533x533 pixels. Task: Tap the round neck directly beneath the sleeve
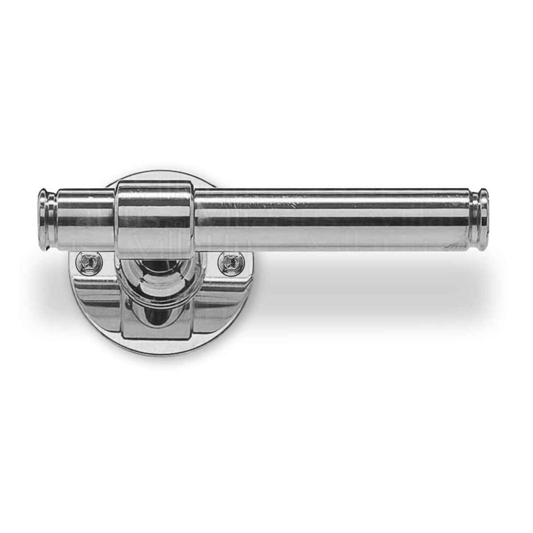156,275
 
